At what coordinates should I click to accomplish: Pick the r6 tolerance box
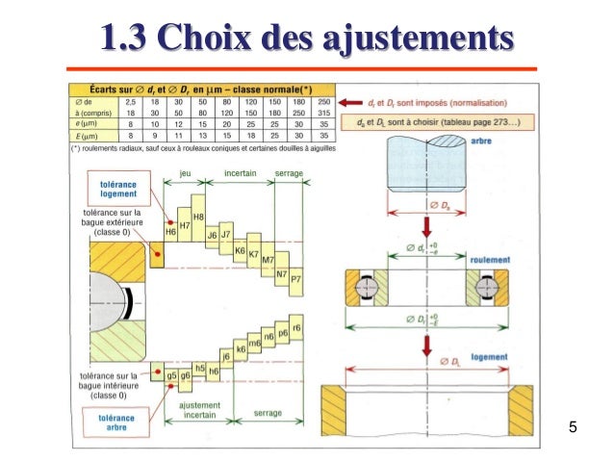(x=296, y=328)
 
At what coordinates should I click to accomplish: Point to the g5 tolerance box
(x=170, y=373)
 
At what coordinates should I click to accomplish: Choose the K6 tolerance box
(x=240, y=249)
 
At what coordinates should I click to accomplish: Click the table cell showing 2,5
(x=129, y=100)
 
